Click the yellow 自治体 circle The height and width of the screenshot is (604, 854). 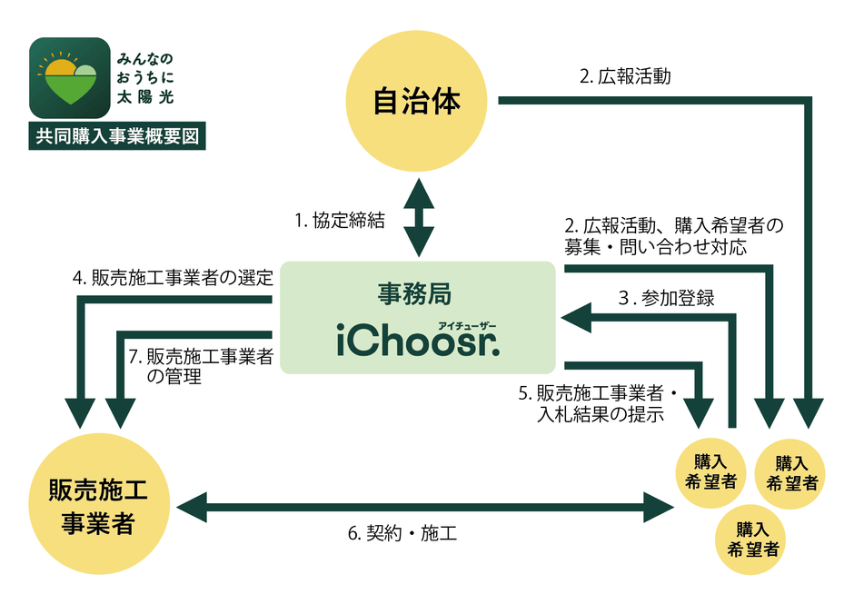tap(417, 100)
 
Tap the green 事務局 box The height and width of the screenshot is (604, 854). tap(417, 317)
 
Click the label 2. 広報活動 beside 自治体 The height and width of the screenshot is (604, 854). tap(625, 76)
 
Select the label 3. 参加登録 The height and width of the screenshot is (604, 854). tap(665, 297)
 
